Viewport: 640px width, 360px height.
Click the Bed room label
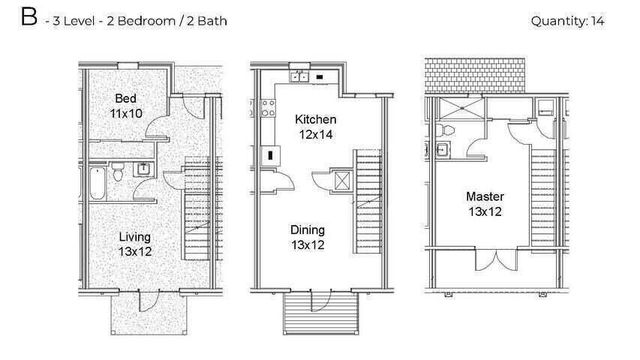[x=125, y=99]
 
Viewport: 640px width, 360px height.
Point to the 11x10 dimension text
[x=125, y=114]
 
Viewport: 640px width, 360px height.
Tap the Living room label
[x=135, y=236]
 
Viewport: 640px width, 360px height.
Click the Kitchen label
[x=314, y=120]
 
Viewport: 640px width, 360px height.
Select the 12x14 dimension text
[x=314, y=135]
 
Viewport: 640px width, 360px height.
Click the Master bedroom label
[x=484, y=196]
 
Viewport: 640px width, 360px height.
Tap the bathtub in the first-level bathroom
[x=96, y=180]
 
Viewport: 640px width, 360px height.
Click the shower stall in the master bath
[x=456, y=108]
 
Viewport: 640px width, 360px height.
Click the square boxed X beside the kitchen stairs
[x=342, y=182]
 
